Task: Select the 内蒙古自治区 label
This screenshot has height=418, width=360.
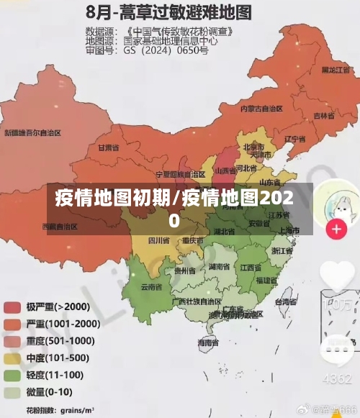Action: pyautogui.click(x=261, y=109)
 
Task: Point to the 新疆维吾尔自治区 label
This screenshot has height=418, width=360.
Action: pyautogui.click(x=33, y=132)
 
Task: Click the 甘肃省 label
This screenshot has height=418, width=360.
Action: pyautogui.click(x=108, y=147)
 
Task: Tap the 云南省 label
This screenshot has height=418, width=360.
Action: pyautogui.click(x=150, y=286)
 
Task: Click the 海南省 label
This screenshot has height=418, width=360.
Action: pyautogui.click(x=209, y=343)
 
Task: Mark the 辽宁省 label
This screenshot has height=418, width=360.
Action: pyautogui.click(x=295, y=138)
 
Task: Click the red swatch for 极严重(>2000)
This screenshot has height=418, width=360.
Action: pyautogui.click(x=12, y=306)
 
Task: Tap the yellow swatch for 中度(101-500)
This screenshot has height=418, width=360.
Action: pyautogui.click(x=12, y=358)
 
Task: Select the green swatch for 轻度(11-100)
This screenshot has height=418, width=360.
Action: pyautogui.click(x=12, y=376)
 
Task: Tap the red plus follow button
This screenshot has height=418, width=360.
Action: pyautogui.click(x=336, y=230)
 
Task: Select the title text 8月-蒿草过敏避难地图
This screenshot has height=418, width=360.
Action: pyautogui.click(x=168, y=12)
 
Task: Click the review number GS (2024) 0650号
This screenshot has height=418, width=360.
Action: pyautogui.click(x=166, y=50)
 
